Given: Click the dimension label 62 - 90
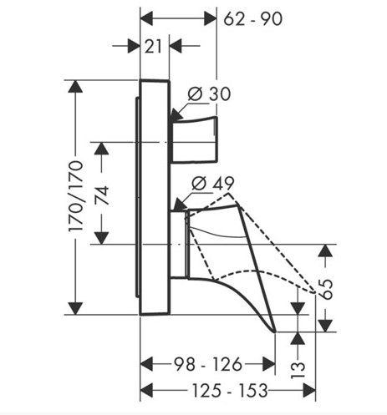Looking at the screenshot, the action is click(x=253, y=19).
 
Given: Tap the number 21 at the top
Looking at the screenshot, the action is click(x=153, y=47).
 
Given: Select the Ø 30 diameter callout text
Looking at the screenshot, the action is click(x=209, y=94).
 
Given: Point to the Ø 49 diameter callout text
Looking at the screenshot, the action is click(x=213, y=183).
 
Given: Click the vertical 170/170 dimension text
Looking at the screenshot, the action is click(x=76, y=196).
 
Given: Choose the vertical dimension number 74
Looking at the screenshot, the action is click(x=102, y=195).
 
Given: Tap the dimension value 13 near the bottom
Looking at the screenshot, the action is click(x=298, y=369).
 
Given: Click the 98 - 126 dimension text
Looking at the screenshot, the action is click(x=208, y=364).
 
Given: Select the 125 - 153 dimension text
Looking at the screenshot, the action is click(x=230, y=390).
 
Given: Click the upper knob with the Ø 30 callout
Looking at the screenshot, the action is click(x=195, y=139).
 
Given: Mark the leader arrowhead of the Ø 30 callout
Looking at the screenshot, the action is click(x=176, y=115).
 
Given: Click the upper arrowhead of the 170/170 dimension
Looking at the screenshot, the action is click(x=75, y=86).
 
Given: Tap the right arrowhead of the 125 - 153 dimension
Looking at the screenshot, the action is click(x=309, y=390).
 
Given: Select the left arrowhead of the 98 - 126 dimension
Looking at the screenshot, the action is click(x=146, y=364).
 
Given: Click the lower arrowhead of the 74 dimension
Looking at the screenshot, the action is click(x=101, y=238).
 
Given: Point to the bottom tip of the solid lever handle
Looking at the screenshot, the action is click(x=275, y=331).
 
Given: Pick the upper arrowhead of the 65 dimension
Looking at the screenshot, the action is click(x=325, y=251).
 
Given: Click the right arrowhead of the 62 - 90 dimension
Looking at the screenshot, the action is click(x=211, y=19).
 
